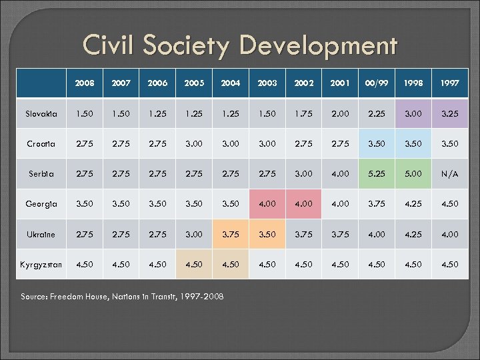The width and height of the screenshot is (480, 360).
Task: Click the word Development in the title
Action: pos(319,47)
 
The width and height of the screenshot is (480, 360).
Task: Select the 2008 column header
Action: pos(85,84)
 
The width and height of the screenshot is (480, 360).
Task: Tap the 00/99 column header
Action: pos(376,84)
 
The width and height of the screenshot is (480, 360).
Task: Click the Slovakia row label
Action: pos(42,114)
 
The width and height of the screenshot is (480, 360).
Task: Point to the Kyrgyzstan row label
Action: pos(41,265)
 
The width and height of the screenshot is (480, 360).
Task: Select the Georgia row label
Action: pos(42,204)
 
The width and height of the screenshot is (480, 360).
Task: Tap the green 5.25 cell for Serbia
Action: pos(376,174)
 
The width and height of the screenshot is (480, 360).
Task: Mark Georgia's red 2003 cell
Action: pos(267,204)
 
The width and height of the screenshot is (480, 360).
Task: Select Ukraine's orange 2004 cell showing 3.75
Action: pos(231,235)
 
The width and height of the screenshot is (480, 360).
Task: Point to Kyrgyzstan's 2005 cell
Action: pos(194,265)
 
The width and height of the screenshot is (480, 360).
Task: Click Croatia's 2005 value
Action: pos(194,144)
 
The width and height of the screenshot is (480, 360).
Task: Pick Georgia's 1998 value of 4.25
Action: pos(413,204)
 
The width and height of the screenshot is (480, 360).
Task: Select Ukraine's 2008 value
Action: pos(85,235)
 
